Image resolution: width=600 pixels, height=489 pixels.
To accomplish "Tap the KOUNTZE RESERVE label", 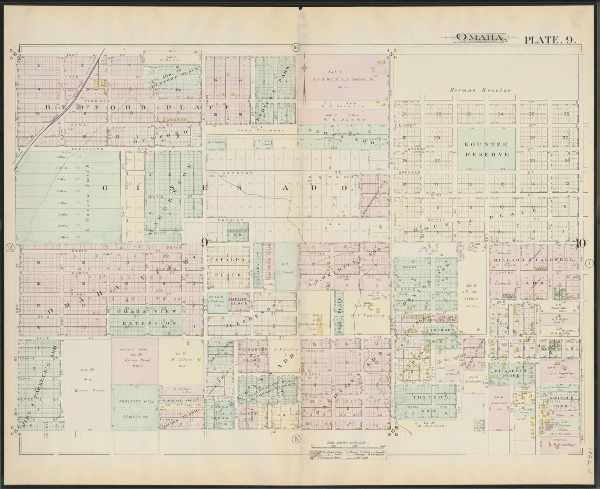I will (486, 149).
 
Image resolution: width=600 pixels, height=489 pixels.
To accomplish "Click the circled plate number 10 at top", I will (295, 47).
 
